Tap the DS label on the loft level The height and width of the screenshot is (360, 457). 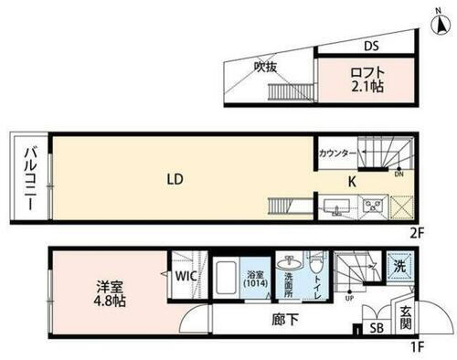pyautogui.click(x=372, y=46)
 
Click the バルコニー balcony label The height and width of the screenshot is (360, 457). pyautogui.click(x=29, y=179)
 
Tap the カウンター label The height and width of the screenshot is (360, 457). pyautogui.click(x=337, y=154)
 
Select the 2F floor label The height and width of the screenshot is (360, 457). pyautogui.click(x=418, y=233)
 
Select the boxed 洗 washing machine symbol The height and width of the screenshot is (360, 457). pyautogui.click(x=399, y=267)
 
